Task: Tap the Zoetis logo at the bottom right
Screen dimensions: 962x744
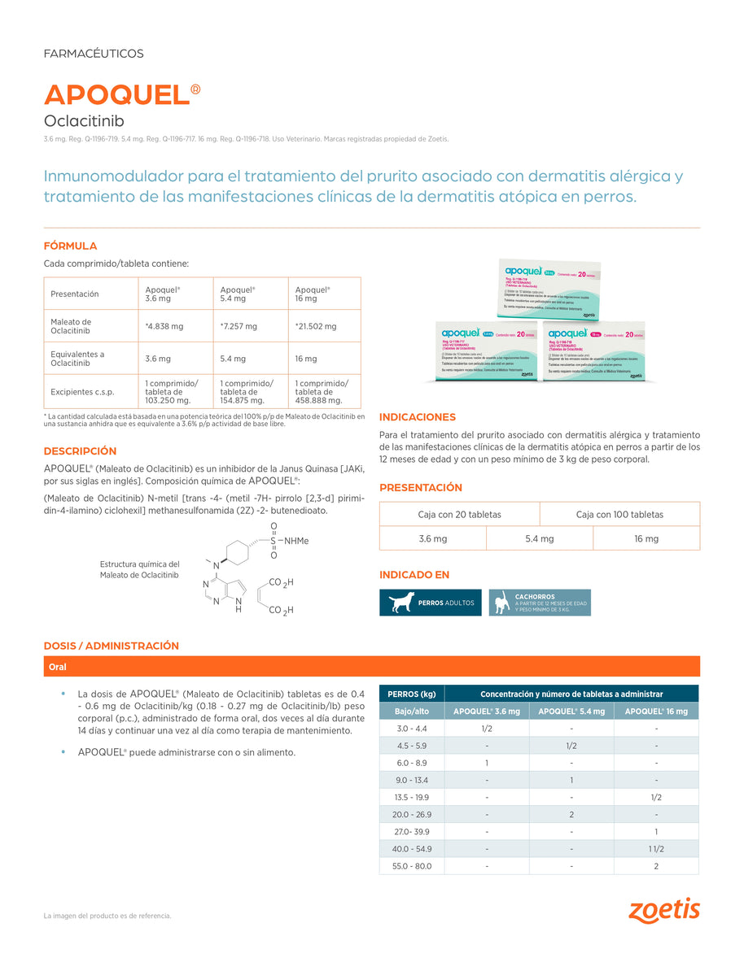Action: (663, 910)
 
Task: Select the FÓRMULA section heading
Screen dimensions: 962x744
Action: (70, 246)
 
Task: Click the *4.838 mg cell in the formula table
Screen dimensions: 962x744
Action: (163, 326)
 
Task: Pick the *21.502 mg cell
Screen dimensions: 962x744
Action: (315, 326)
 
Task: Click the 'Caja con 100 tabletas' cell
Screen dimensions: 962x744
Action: (619, 514)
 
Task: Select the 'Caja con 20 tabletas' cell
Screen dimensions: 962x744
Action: (459, 514)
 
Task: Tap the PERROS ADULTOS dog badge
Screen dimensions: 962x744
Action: (431, 603)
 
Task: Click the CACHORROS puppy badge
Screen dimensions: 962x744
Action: (540, 603)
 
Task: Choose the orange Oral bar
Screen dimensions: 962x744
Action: (371, 666)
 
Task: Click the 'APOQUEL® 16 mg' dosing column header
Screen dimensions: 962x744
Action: (656, 712)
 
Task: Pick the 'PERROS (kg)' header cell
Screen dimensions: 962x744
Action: (412, 694)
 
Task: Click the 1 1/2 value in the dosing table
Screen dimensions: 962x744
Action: (656, 848)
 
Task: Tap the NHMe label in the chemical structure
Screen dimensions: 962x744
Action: (296, 541)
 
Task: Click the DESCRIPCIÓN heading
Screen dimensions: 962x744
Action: (80, 451)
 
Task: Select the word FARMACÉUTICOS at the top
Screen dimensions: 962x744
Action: (93, 54)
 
